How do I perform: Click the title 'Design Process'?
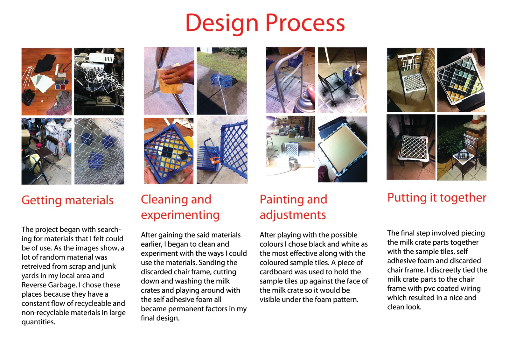pos(265,23)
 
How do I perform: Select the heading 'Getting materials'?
pos(67,200)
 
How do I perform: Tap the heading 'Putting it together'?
pos(437,198)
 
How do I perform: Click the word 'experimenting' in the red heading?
pos(180,215)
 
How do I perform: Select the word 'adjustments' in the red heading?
pos(293,215)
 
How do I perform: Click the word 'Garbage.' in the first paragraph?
pos(60,285)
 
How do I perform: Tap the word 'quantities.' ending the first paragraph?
pos(38,322)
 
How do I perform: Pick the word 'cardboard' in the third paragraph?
pos(275,272)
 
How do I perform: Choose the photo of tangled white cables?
pos(99,81)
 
